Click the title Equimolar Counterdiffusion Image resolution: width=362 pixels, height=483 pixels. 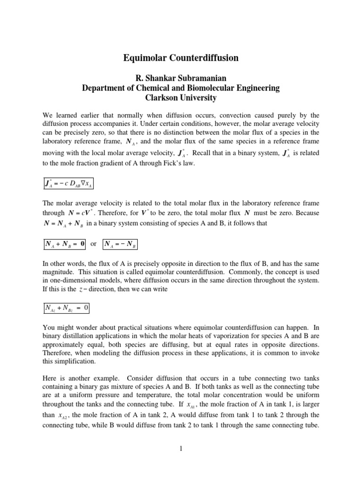point(181,58)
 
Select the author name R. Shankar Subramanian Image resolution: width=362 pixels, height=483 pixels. point(181,78)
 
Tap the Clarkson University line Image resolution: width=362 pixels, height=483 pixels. point(181,98)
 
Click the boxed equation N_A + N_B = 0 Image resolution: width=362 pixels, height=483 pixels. point(63,244)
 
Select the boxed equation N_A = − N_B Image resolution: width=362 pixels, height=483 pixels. point(118,244)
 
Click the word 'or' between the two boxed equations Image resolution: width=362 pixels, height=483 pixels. point(93,244)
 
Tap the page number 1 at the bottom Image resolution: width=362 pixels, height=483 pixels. point(181,449)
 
